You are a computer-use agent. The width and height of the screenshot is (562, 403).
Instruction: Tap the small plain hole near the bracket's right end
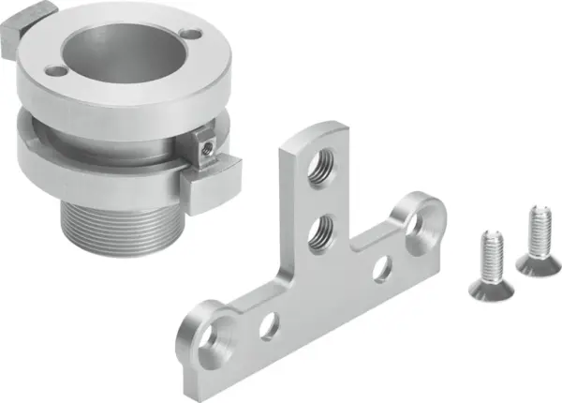(381, 268)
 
